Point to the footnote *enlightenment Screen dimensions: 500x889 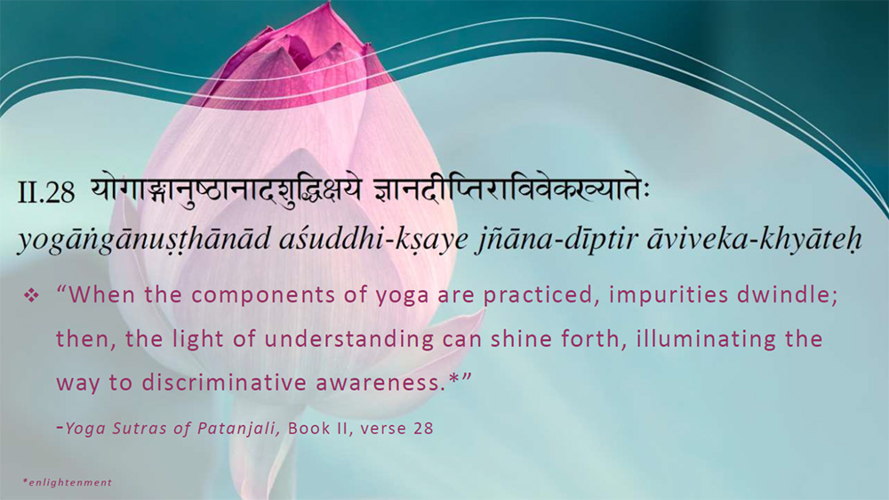[x=68, y=482]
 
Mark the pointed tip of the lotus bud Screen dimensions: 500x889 [x=327, y=7]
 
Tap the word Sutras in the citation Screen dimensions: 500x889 [x=136, y=428]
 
